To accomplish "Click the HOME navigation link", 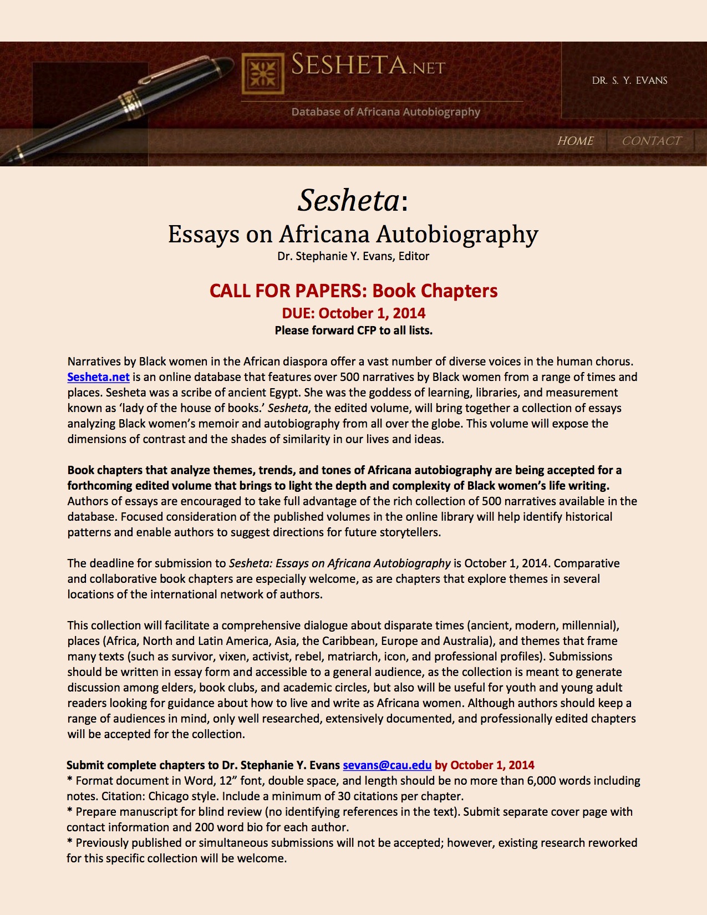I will click(575, 141).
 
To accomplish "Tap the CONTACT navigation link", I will click(651, 141).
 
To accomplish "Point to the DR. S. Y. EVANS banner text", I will click(629, 80).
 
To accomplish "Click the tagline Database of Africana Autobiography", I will click(385, 112).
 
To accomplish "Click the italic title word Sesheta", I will click(348, 200).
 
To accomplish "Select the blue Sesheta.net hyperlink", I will click(98, 377).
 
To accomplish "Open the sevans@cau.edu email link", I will click(386, 765).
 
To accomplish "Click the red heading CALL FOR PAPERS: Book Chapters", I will click(353, 291).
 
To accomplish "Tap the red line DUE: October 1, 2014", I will click(353, 313).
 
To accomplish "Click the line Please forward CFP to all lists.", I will click(353, 331).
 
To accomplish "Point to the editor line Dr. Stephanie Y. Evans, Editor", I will click(353, 256).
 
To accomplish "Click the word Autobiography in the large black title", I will click(457, 235).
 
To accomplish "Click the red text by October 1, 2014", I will click(484, 765).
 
